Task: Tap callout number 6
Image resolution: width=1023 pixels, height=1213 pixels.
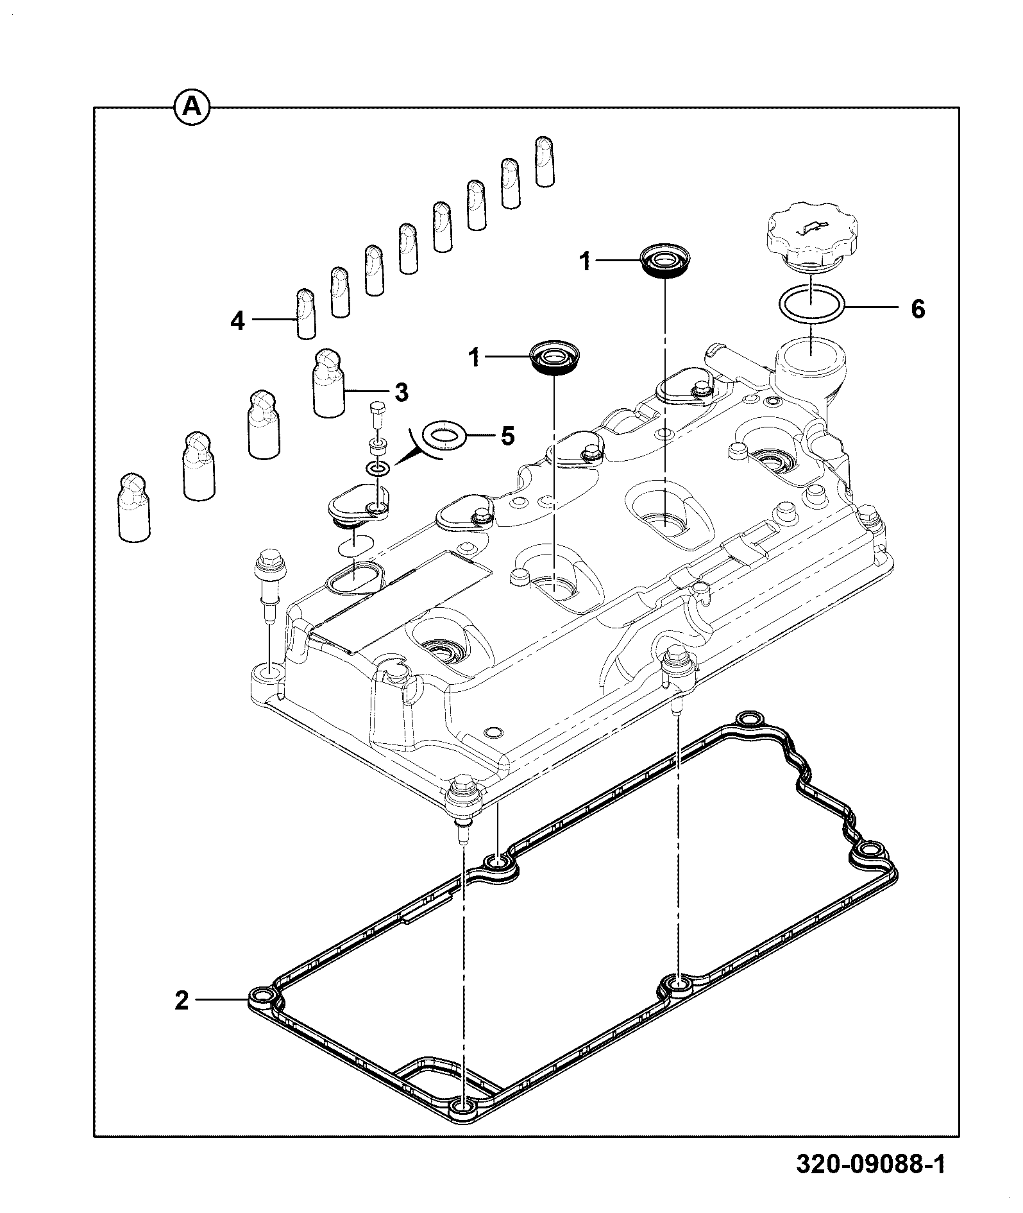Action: [918, 309]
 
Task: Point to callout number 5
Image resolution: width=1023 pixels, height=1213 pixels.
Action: [507, 436]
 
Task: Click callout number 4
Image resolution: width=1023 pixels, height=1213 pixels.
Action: [238, 321]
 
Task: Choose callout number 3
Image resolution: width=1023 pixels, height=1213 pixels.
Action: [401, 392]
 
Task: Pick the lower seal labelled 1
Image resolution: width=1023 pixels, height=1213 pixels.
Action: [554, 356]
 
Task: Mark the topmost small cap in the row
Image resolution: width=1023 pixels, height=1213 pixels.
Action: [545, 161]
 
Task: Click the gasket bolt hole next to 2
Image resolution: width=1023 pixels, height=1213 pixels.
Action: [262, 1015]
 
